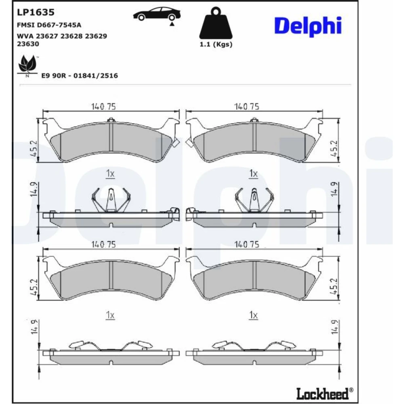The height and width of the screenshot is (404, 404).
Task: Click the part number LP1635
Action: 36,12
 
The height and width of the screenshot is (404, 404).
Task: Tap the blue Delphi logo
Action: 308,26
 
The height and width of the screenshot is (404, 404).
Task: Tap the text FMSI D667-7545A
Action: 49,25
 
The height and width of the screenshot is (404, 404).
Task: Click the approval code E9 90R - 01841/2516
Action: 80,76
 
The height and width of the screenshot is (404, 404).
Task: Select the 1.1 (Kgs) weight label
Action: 216,44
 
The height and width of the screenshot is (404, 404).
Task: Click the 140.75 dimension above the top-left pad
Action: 103,106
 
